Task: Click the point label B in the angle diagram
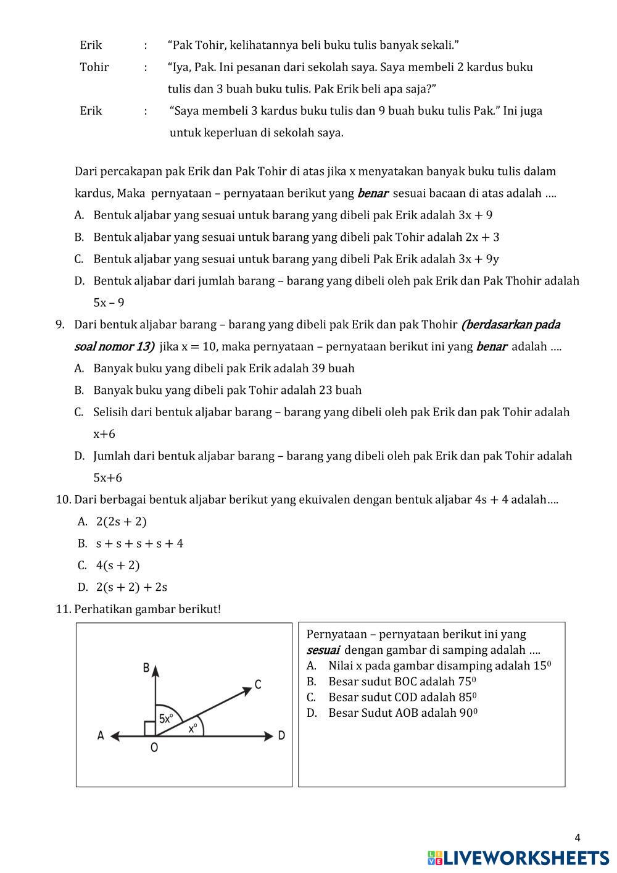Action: (146, 667)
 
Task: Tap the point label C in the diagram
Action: (257, 685)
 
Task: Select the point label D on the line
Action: (281, 735)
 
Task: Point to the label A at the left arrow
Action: (101, 735)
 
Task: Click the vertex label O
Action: (154, 748)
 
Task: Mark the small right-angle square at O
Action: (149, 729)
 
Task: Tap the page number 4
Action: (578, 838)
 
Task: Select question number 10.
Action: (64, 499)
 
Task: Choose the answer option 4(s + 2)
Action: (118, 565)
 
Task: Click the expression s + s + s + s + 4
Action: (139, 543)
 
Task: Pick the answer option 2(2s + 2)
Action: (122, 521)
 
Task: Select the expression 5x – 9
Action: (109, 303)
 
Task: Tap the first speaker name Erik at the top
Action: (91, 45)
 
